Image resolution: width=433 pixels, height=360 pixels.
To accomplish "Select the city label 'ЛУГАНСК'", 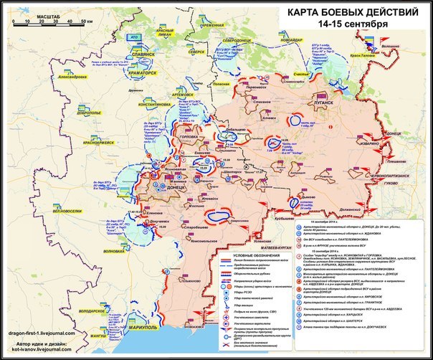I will [x=324, y=103].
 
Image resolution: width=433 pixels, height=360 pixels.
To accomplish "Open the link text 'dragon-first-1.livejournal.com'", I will [x=47, y=333].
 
